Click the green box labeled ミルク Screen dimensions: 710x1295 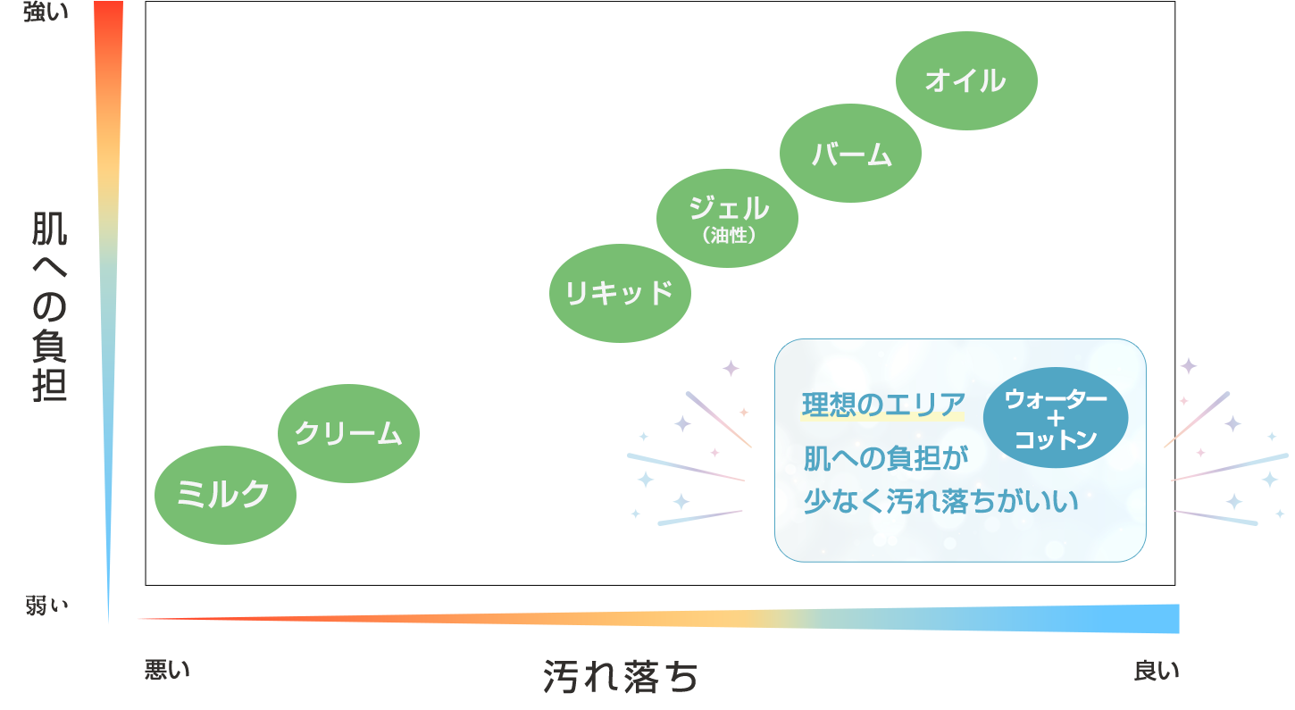coord(223,494)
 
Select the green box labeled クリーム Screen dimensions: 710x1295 coord(348,433)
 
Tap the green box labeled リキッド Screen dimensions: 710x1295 coord(619,293)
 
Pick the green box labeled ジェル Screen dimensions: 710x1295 coord(728,209)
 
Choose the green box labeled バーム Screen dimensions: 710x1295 coord(851,154)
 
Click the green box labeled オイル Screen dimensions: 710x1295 coord(966,80)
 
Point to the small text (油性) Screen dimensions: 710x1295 coord(729,237)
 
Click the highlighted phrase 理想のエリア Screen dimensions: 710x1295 coord(883,405)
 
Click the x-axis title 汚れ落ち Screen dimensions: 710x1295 coord(621,677)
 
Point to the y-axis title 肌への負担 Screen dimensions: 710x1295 coord(50,305)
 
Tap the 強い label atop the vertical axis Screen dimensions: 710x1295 coord(45,12)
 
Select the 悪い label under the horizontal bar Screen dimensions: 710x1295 coord(167,669)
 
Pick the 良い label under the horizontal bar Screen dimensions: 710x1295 coord(1156,670)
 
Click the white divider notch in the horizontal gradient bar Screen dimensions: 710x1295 coord(754,618)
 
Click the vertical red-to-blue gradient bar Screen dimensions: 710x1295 coord(105,313)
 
